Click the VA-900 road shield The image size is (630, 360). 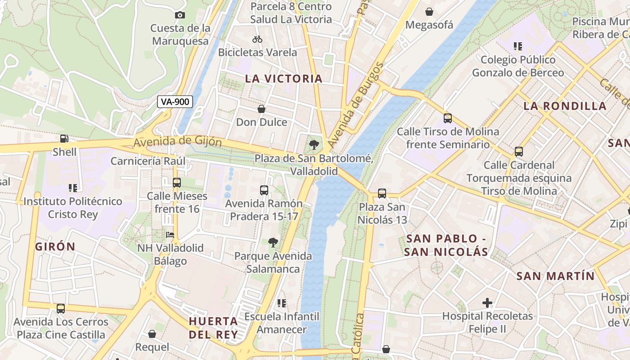tap(175, 102)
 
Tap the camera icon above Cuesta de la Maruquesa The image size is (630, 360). tap(180, 15)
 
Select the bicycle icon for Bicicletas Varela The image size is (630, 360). tap(257, 39)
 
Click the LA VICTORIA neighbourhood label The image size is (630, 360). tap(283, 79)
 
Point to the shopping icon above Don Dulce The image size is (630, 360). tap(261, 109)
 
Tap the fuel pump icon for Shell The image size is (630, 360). tap(64, 139)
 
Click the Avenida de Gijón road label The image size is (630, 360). tap(177, 142)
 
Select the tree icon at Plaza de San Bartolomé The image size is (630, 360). tap(314, 145)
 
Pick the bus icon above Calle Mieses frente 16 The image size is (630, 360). tap(177, 182)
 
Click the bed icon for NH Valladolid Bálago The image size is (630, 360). tap(170, 234)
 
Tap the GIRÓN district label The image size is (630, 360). tap(55, 247)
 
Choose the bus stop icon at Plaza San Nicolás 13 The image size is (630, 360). tap(382, 193)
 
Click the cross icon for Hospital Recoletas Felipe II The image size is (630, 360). tap(487, 303)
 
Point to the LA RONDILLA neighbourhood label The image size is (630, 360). tap(565, 106)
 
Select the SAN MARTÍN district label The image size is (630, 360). tap(555, 276)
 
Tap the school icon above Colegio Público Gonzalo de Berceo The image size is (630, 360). tap(518, 46)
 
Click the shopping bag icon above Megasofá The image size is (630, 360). tap(429, 12)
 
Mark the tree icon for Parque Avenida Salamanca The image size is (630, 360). tap(273, 243)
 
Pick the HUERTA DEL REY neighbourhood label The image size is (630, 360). tap(213, 328)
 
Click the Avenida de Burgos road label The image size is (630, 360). tap(355, 106)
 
